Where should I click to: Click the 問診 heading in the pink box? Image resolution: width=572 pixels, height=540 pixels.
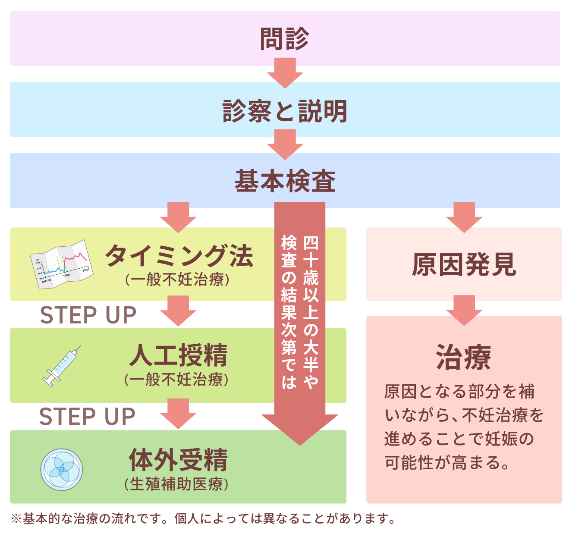pyautogui.click(x=285, y=39)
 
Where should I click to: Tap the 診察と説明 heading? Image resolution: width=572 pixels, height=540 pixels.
pyautogui.click(x=285, y=111)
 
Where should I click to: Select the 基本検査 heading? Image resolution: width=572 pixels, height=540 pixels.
pyautogui.click(x=285, y=181)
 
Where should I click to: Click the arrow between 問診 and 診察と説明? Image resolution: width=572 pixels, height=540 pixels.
pyautogui.click(x=285, y=73)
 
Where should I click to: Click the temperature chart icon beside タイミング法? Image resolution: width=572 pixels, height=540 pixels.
pyautogui.click(x=61, y=264)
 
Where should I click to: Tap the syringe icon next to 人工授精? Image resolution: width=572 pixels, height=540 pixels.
pyautogui.click(x=62, y=366)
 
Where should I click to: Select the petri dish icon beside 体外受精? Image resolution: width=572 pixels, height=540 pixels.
pyautogui.click(x=61, y=469)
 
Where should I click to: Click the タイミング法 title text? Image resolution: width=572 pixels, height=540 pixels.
pyautogui.click(x=179, y=256)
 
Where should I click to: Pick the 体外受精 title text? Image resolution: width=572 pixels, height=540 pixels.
pyautogui.click(x=179, y=460)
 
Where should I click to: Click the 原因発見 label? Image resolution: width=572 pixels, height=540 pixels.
pyautogui.click(x=464, y=264)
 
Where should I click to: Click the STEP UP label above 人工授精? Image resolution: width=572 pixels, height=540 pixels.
pyautogui.click(x=88, y=315)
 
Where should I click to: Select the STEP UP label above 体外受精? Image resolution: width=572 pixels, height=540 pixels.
pyautogui.click(x=88, y=417)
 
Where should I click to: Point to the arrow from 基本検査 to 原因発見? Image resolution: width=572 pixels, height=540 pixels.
pyautogui.click(x=464, y=217)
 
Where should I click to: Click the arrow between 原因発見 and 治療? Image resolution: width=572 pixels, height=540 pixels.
pyautogui.click(x=464, y=310)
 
